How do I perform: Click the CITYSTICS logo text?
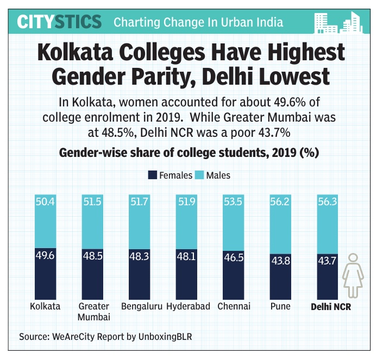[x=59, y=22]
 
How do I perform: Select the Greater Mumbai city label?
[x=94, y=311]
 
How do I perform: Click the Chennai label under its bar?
[x=234, y=306]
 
